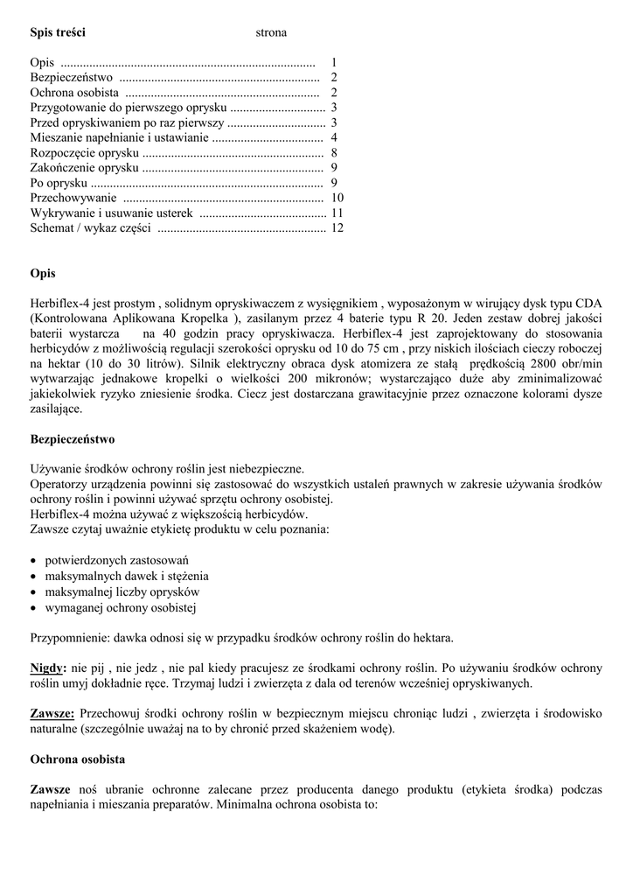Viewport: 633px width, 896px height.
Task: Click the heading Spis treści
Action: pyautogui.click(x=58, y=33)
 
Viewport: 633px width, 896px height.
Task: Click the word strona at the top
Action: pyautogui.click(x=271, y=33)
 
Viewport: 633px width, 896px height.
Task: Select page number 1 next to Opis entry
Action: pyautogui.click(x=334, y=63)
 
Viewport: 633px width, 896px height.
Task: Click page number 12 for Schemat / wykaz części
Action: pyautogui.click(x=337, y=228)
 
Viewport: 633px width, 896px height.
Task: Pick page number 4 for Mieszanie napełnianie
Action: pyautogui.click(x=334, y=138)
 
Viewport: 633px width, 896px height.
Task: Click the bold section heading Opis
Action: pyautogui.click(x=43, y=274)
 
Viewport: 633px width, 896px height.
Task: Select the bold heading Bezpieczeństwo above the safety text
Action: pyautogui.click(x=73, y=439)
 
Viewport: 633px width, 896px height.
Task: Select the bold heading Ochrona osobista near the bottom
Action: pyautogui.click(x=78, y=759)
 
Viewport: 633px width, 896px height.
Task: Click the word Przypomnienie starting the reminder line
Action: pyautogui.click(x=68, y=638)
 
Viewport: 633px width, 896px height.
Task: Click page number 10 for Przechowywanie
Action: pyautogui.click(x=337, y=199)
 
